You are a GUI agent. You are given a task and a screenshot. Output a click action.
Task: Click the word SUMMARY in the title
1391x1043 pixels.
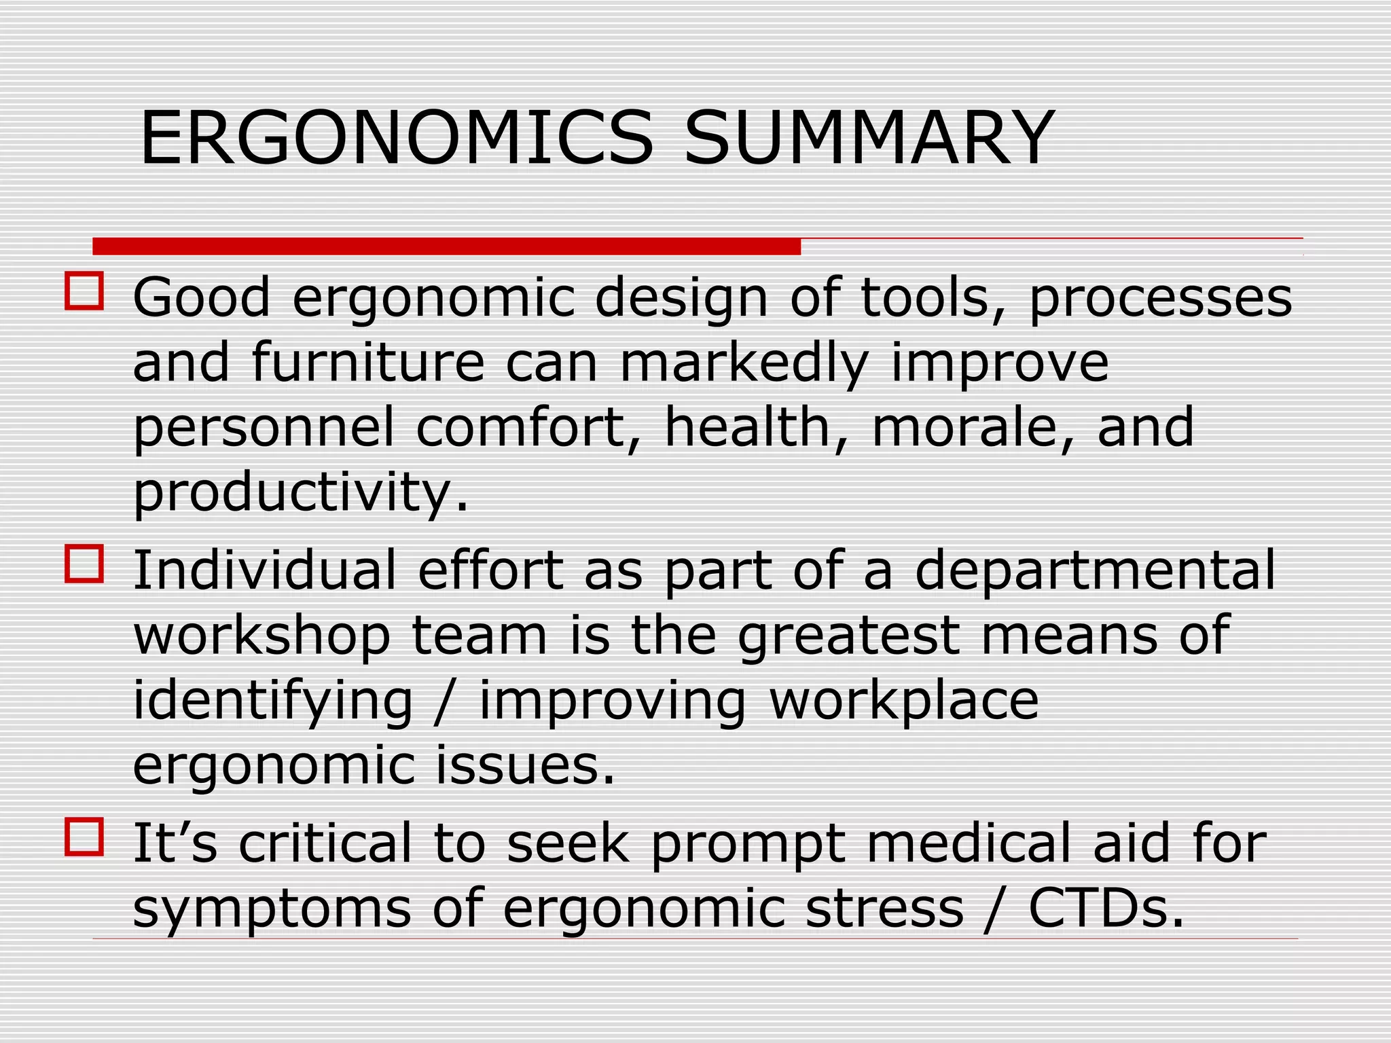869,139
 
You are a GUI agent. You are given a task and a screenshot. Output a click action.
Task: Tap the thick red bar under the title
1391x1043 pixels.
446,246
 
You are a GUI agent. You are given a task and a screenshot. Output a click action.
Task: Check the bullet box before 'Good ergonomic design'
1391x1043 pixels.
84,291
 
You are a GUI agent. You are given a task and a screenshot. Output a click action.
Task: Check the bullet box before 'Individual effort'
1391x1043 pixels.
84,564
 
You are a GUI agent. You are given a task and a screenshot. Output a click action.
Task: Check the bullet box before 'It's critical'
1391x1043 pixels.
84,837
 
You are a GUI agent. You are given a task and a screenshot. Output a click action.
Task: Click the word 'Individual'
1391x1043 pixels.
264,570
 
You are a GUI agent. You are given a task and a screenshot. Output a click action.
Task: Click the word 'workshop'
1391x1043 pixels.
261,636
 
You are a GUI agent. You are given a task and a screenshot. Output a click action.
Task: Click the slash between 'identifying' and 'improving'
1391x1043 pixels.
446,701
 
